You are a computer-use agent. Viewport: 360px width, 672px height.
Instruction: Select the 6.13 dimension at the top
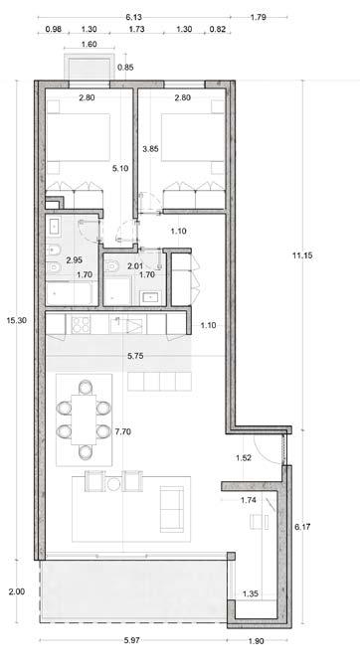click(x=133, y=17)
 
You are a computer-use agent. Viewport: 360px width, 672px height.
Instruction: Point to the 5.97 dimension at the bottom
click(x=132, y=641)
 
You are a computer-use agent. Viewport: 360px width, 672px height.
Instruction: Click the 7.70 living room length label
click(x=123, y=431)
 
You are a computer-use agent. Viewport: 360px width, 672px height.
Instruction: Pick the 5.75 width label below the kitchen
click(x=135, y=356)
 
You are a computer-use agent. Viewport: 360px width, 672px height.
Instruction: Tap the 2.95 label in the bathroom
click(x=74, y=259)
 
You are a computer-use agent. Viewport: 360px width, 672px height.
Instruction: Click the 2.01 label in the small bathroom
click(x=135, y=266)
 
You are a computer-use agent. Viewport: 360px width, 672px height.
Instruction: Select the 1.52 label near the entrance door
click(x=244, y=457)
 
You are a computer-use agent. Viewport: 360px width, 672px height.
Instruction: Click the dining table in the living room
click(x=84, y=420)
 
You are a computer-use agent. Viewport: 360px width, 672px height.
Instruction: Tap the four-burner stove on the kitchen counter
click(x=81, y=325)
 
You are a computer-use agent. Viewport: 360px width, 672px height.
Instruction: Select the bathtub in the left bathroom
click(x=70, y=293)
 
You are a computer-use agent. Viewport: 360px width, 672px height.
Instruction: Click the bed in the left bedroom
click(x=78, y=137)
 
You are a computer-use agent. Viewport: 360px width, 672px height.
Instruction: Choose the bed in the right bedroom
click(x=193, y=137)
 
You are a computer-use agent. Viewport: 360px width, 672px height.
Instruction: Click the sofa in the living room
click(x=171, y=509)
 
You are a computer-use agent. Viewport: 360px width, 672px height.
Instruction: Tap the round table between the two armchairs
click(x=113, y=485)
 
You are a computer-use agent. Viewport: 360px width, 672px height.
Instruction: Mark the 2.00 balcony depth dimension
click(x=17, y=591)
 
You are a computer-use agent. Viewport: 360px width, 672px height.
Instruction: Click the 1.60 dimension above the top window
click(x=90, y=44)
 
